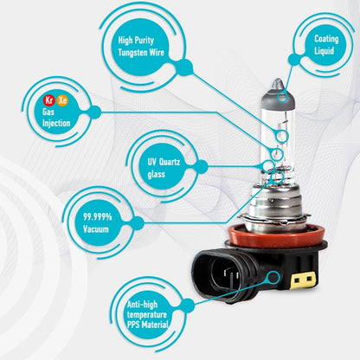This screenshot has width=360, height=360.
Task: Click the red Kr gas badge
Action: point(49,100)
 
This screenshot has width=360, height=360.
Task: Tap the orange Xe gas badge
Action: point(62,100)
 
